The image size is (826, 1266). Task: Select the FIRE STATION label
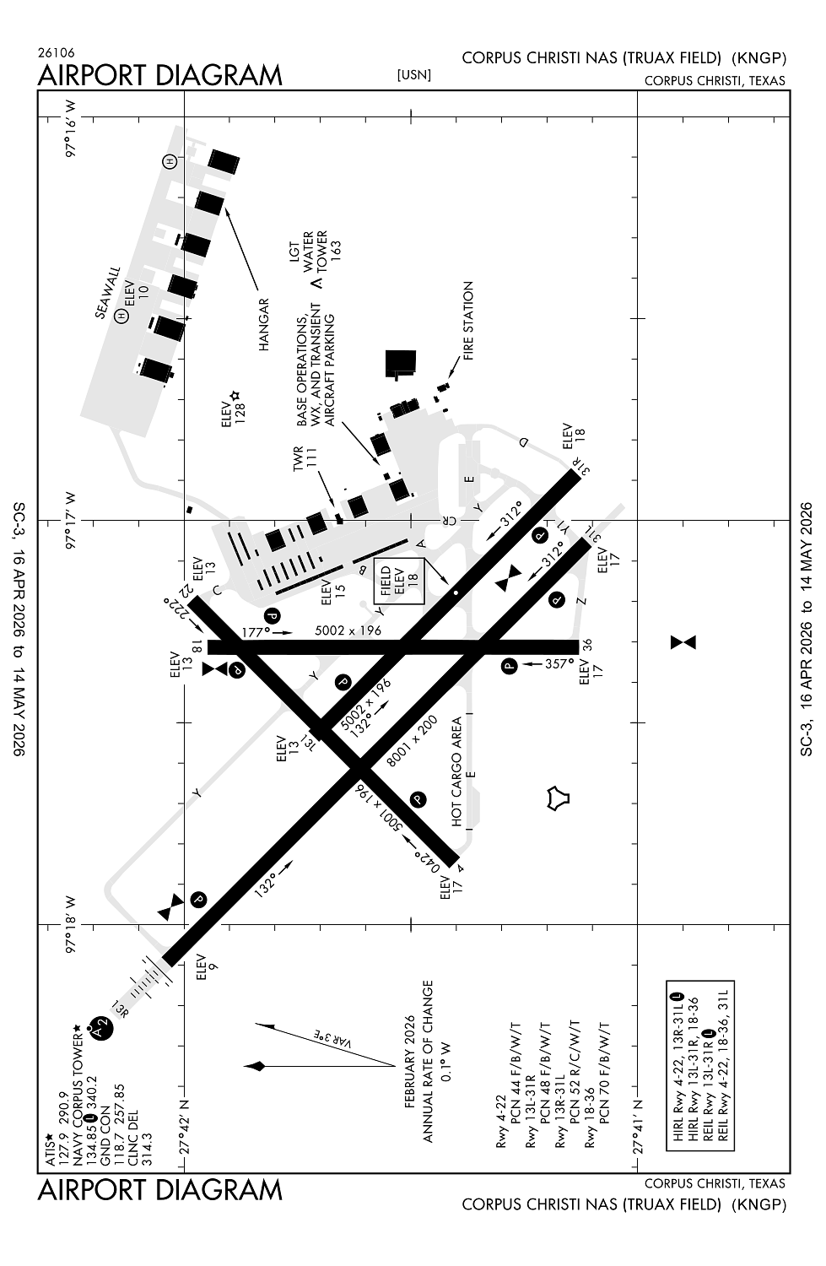468,321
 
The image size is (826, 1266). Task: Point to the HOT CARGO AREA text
456,771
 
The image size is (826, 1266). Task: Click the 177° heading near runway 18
254,630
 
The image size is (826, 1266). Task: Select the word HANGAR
263,324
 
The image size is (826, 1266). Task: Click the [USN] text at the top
413,75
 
